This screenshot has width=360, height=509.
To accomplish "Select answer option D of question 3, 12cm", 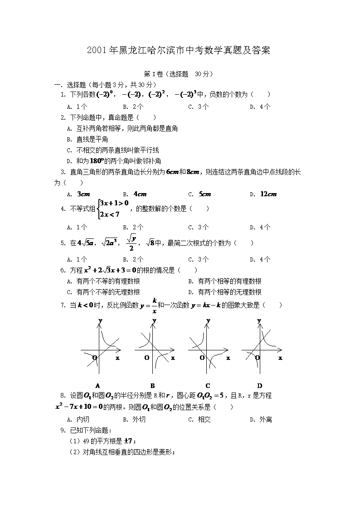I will click(268, 194).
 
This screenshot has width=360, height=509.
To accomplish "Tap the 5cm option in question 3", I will click(205, 194).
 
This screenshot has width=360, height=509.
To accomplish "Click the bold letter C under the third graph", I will click(208, 386).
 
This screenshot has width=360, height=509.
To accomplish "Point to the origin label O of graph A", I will click(94, 358).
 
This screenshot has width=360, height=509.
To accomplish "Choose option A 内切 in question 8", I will click(79, 420).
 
